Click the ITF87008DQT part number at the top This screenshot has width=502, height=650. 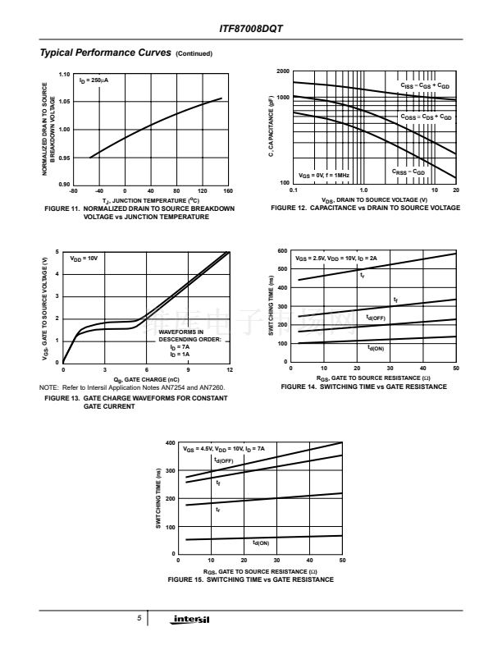click(251, 29)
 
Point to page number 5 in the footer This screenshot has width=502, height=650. click(140, 617)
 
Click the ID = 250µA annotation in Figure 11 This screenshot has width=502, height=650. click(94, 80)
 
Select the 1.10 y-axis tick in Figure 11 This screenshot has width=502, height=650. click(65, 75)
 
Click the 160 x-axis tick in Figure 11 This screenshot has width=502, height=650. click(228, 190)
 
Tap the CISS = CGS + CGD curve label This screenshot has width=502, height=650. click(425, 85)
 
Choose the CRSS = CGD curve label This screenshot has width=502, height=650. click(408, 172)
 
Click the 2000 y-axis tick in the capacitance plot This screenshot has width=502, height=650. click(282, 72)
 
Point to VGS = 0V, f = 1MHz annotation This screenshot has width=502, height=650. click(324, 176)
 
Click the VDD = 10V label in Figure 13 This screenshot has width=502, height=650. click(83, 259)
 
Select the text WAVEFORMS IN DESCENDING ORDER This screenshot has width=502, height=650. click(187, 335)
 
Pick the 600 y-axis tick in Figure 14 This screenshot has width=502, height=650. click(282, 250)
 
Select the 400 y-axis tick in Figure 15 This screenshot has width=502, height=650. click(171, 443)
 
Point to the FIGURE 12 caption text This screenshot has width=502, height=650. click(365, 208)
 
